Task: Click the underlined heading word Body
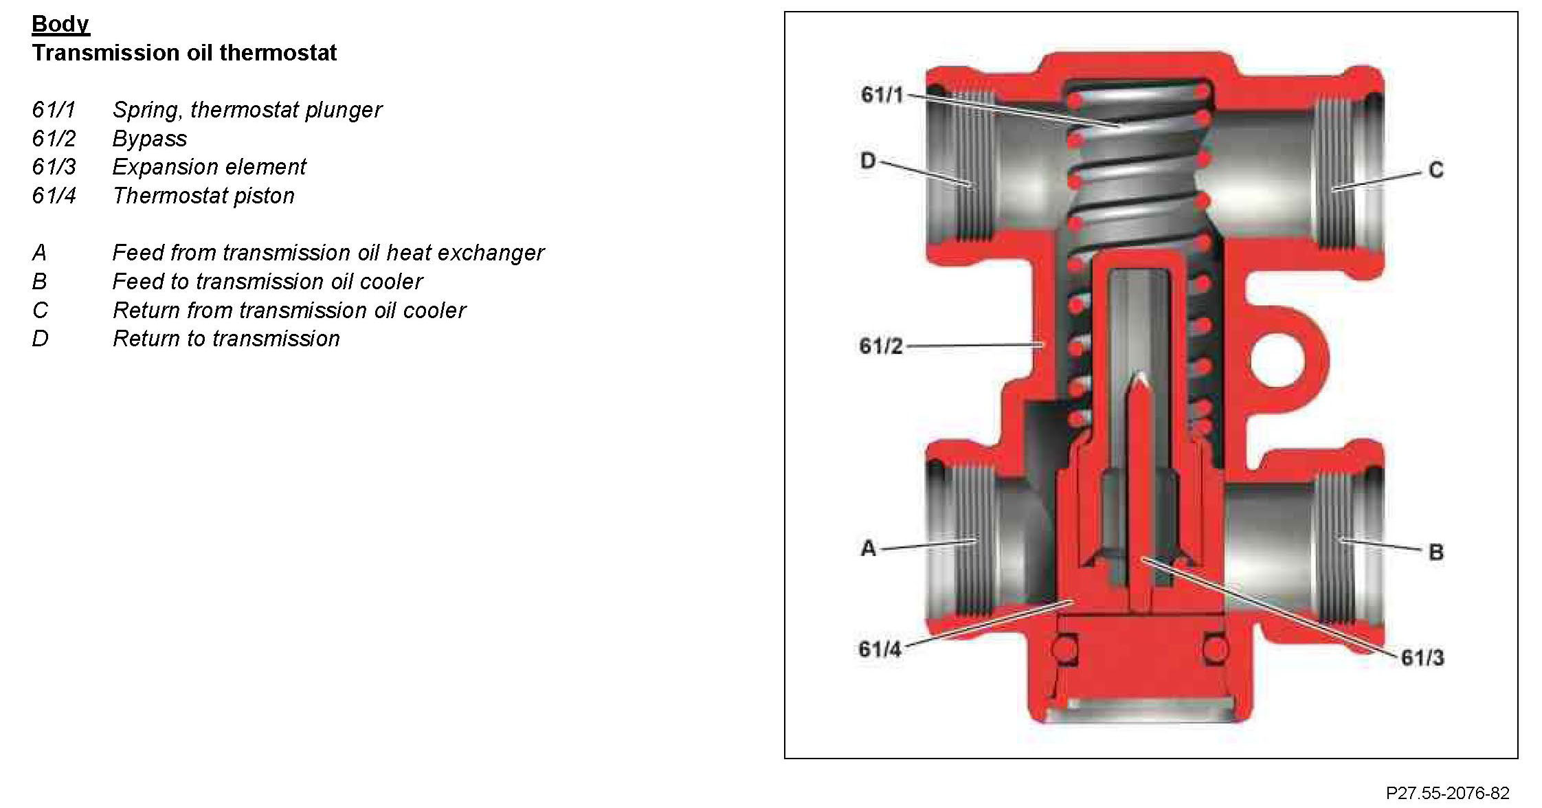[60, 24]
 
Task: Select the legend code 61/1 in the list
[54, 110]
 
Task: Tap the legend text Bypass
[150, 139]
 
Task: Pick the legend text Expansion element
[209, 167]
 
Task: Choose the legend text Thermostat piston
[203, 196]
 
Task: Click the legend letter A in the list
[39, 253]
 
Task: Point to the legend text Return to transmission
[226, 339]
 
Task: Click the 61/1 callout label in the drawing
[882, 95]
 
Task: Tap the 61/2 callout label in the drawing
[880, 346]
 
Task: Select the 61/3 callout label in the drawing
[1422, 658]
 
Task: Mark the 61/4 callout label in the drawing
[880, 649]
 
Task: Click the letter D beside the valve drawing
[869, 161]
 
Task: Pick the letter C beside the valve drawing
[1435, 170]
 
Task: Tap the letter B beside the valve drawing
[1435, 552]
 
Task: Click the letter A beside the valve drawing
[869, 548]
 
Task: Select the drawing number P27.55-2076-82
[1447, 793]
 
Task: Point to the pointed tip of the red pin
[1141, 378]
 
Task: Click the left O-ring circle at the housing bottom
[1064, 649]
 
